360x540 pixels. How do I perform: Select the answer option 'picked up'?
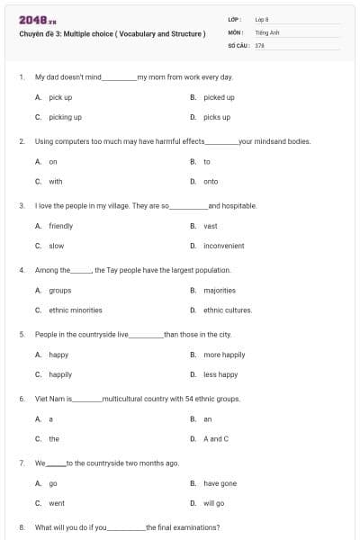219,97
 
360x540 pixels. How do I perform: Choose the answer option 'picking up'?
65,117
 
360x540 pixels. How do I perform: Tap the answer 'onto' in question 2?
211,181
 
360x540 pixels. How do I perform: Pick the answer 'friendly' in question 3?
60,226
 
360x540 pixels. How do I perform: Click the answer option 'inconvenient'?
223,246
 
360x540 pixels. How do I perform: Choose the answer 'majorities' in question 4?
219,291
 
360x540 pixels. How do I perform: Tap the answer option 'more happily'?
224,355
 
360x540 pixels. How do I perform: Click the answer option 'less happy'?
220,374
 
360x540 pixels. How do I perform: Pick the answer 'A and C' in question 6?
216,438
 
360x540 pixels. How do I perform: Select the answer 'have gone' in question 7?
220,483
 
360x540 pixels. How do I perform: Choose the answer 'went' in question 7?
56,503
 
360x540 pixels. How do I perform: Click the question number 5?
21,334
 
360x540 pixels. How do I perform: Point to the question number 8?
21,527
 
